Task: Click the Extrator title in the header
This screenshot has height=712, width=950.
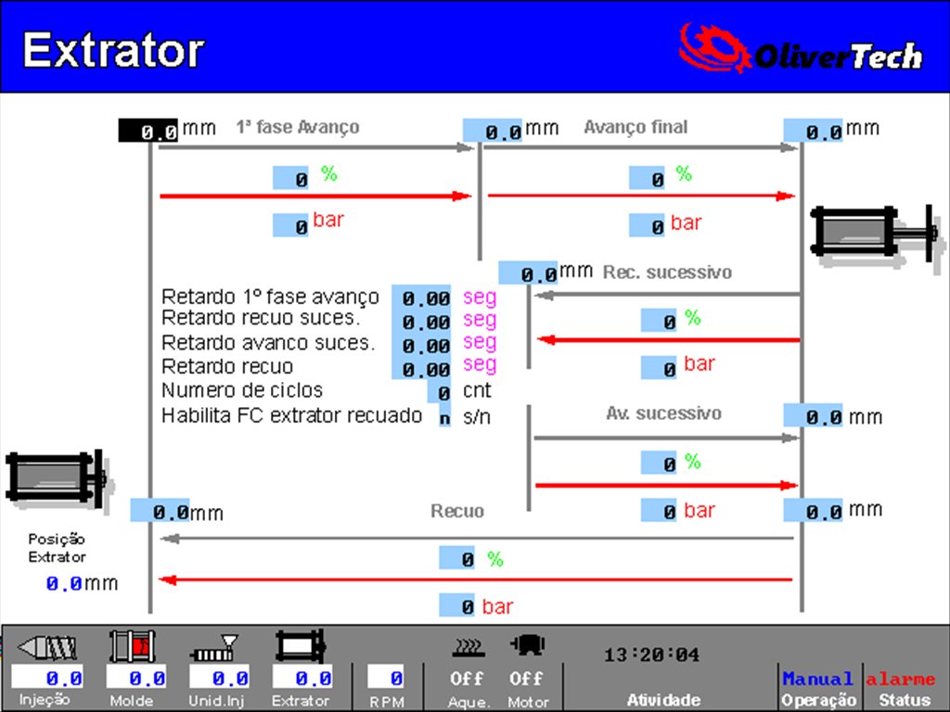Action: [x=113, y=50]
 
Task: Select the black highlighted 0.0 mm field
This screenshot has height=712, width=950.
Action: [x=148, y=131]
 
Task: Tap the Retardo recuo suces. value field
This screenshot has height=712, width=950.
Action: [x=422, y=321]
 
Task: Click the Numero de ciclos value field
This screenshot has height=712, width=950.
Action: [x=439, y=392]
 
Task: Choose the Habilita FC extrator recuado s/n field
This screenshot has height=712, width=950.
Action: [x=444, y=417]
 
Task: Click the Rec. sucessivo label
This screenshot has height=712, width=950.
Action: [x=667, y=273]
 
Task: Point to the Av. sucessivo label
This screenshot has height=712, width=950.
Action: [x=664, y=413]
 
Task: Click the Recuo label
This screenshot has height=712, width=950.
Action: [x=457, y=512]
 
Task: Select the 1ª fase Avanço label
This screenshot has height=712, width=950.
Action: [x=298, y=127]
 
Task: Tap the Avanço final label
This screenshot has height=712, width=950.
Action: [x=635, y=127]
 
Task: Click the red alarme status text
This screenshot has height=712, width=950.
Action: [x=900, y=680]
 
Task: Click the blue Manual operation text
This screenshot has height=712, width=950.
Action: [x=817, y=679]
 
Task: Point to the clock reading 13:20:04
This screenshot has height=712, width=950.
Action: [x=651, y=655]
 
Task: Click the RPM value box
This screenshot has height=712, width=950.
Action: [x=385, y=677]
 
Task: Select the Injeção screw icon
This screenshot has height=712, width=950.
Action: [x=47, y=647]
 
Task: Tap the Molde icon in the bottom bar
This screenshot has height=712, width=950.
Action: [x=132, y=646]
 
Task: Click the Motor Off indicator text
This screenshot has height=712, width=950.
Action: [x=526, y=679]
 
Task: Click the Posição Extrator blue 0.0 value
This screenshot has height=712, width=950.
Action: [x=64, y=584]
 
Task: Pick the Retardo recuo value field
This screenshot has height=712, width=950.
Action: [x=422, y=368]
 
